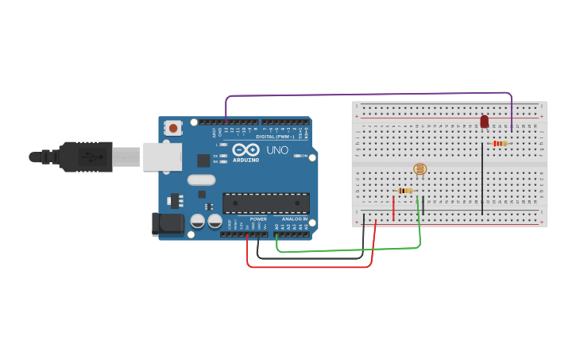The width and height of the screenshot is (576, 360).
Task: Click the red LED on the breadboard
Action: pyautogui.click(x=484, y=122)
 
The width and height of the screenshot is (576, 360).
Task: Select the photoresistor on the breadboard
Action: pyautogui.click(x=420, y=168)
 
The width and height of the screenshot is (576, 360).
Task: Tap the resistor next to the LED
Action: pyautogui.click(x=500, y=144)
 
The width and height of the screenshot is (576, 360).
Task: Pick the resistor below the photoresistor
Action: pyautogui.click(x=405, y=191)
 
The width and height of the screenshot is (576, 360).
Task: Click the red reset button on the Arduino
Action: pyautogui.click(x=173, y=127)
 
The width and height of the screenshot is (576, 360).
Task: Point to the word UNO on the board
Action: pyautogui.click(x=276, y=150)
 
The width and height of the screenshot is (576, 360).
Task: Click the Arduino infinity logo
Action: pyautogui.click(x=246, y=149)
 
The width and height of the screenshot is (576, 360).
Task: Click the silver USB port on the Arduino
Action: pyautogui.click(x=162, y=157)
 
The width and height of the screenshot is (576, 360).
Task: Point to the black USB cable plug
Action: pyautogui.click(x=87, y=157)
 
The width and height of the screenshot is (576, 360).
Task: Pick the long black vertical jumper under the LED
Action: pyautogui.click(x=482, y=179)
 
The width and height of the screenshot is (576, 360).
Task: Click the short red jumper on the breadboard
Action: pyautogui.click(x=393, y=209)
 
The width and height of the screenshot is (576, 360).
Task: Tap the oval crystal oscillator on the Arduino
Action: pyautogui.click(x=201, y=180)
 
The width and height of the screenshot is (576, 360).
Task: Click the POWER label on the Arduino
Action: pyautogui.click(x=258, y=219)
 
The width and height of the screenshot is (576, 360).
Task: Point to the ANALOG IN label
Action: pyautogui.click(x=294, y=219)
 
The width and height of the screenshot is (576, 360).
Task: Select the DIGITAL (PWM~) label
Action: pyautogui.click(x=274, y=136)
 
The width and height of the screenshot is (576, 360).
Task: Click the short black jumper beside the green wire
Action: pyautogui.click(x=423, y=207)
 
